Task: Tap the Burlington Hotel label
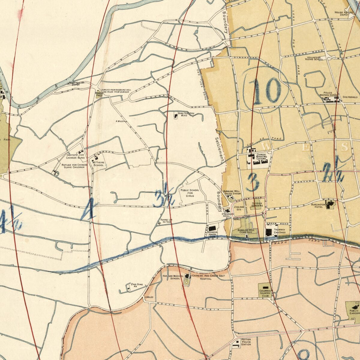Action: point(318,205)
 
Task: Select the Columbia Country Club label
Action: point(265,293)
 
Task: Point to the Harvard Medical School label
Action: point(171,277)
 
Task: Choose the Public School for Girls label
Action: point(190,193)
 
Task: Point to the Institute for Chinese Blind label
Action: point(75,156)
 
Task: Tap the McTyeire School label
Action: point(98,163)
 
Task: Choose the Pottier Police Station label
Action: point(246,342)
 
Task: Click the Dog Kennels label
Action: point(350,97)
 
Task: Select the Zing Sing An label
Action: point(133,285)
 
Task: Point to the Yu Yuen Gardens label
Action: point(257,204)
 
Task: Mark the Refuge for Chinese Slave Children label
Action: point(74,166)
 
